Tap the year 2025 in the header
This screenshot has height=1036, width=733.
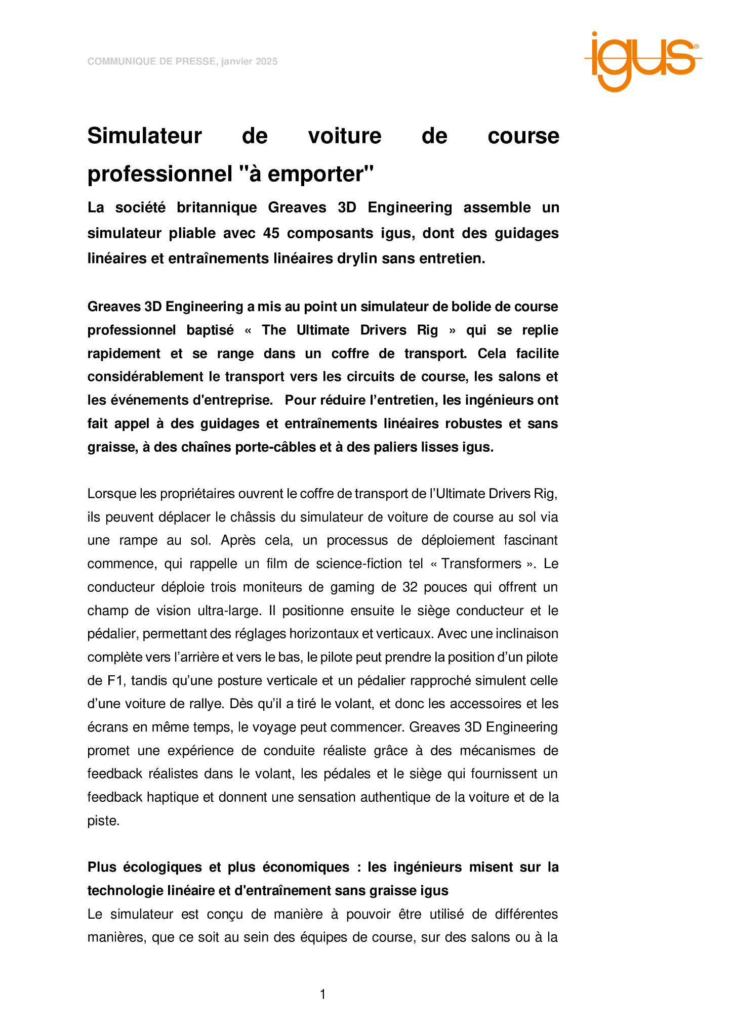(x=267, y=62)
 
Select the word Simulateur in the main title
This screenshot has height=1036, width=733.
(x=144, y=136)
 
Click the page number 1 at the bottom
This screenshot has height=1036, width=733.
(x=323, y=995)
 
